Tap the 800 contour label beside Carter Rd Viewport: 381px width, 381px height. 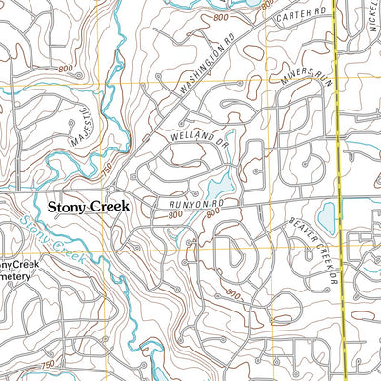222,18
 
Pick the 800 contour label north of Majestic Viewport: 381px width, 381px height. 65,70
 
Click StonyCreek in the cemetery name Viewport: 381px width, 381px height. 19,265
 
